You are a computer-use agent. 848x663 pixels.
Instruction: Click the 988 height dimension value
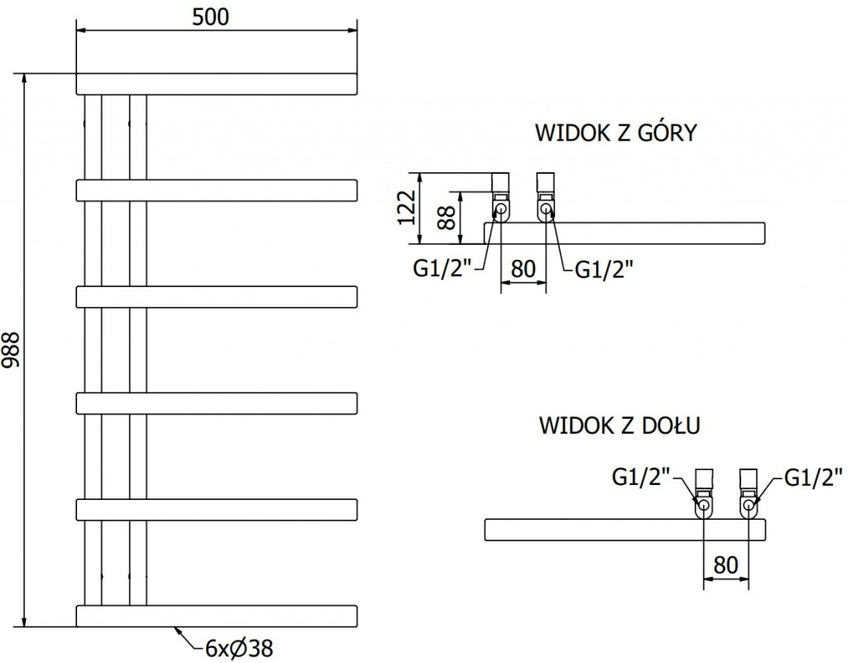[11, 350]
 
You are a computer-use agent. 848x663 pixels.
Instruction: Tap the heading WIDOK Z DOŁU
[621, 426]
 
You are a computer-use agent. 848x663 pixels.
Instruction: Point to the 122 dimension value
[405, 208]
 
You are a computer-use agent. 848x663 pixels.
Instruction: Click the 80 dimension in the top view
[523, 269]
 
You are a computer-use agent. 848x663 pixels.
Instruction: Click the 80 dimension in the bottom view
[725, 565]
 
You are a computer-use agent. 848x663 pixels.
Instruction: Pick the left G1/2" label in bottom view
[640, 477]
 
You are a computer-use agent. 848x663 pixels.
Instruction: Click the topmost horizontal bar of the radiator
[217, 84]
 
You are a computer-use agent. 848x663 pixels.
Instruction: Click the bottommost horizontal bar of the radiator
[217, 616]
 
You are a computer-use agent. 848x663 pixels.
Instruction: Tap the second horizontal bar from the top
[217, 190]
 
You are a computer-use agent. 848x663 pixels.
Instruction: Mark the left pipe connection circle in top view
[500, 210]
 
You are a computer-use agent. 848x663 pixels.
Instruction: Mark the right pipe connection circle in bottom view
[749, 504]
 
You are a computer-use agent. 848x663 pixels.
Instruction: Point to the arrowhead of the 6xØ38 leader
[176, 630]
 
